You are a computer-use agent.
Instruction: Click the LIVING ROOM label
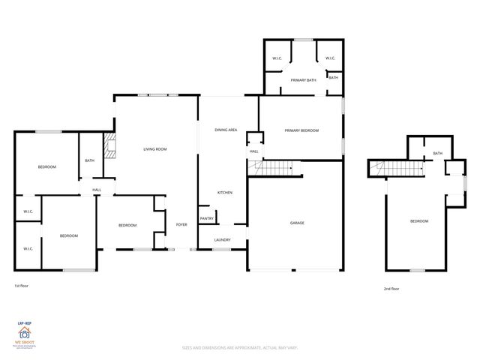click(154, 149)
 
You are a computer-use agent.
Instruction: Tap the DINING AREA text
click(226, 130)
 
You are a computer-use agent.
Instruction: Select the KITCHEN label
click(224, 193)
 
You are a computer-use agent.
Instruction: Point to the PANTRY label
click(206, 218)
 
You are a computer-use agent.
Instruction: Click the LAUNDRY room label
click(222, 240)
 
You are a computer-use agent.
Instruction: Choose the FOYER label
click(181, 225)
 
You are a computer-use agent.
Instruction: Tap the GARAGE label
click(297, 223)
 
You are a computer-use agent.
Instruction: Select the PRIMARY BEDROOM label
click(301, 130)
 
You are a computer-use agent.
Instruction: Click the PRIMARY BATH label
click(303, 79)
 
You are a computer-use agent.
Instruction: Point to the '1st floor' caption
click(22, 286)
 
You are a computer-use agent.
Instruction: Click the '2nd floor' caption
click(391, 288)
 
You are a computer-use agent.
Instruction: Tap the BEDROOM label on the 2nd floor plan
click(418, 221)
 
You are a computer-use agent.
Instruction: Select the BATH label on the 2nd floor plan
click(437, 154)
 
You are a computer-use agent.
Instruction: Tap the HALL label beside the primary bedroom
click(254, 152)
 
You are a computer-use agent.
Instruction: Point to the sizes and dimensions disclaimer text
click(239, 348)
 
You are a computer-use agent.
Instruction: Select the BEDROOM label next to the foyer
click(127, 225)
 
